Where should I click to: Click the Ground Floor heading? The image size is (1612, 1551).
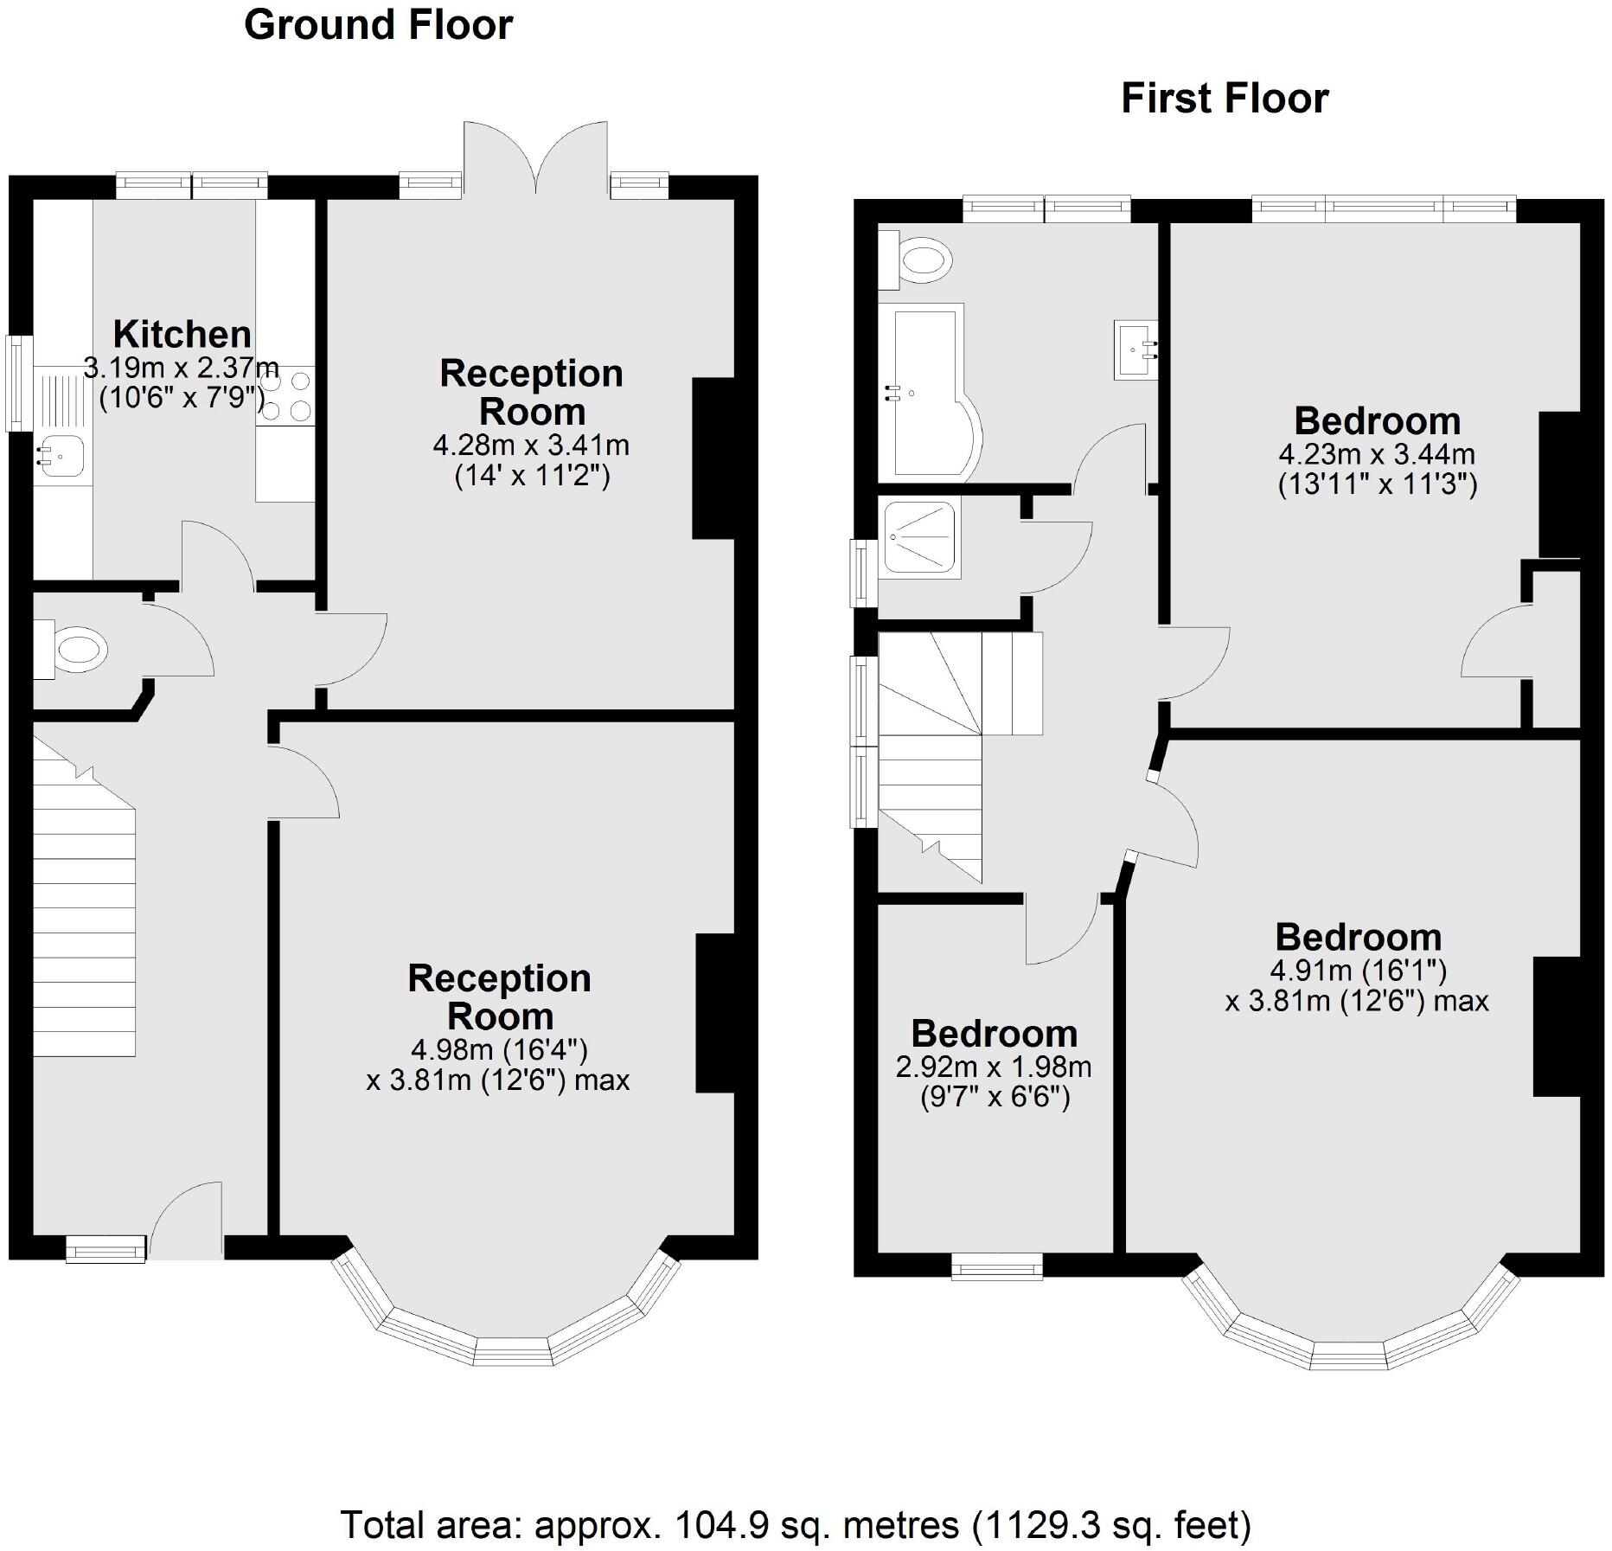click(x=378, y=25)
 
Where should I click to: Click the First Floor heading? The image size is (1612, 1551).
click(x=1224, y=99)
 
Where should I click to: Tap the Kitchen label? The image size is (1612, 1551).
click(x=182, y=334)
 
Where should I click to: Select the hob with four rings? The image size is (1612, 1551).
click(x=285, y=395)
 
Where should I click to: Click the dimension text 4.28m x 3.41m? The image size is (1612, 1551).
click(x=530, y=445)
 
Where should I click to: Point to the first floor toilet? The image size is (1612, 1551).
click(x=917, y=259)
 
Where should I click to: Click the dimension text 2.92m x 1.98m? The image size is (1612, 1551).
click(x=993, y=1067)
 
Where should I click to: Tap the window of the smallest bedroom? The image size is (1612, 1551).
click(x=996, y=1269)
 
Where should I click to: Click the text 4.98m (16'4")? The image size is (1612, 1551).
click(x=499, y=1050)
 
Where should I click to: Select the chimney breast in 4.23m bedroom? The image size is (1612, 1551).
click(x=1559, y=484)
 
